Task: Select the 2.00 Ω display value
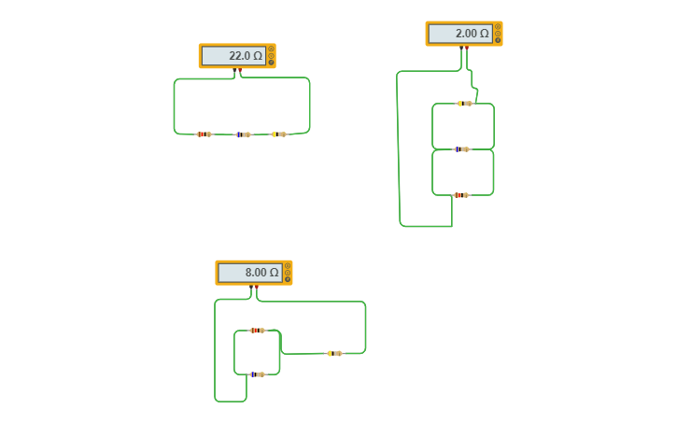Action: (x=459, y=34)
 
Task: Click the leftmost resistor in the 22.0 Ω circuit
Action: (x=204, y=134)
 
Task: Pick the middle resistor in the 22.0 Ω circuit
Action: (x=243, y=134)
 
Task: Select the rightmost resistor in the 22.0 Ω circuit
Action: (x=279, y=134)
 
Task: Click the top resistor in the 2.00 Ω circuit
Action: (x=464, y=104)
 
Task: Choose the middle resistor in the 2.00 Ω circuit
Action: (x=461, y=149)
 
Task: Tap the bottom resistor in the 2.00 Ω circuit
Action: (x=460, y=195)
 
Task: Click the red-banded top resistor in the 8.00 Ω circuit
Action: (x=257, y=331)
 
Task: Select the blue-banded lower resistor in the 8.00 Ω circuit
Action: (x=257, y=374)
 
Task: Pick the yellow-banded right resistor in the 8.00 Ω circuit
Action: (x=334, y=353)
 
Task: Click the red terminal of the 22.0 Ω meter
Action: (x=240, y=70)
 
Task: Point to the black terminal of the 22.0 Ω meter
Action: (x=234, y=70)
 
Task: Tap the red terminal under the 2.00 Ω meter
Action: (x=466, y=48)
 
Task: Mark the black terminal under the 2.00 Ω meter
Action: (x=460, y=48)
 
